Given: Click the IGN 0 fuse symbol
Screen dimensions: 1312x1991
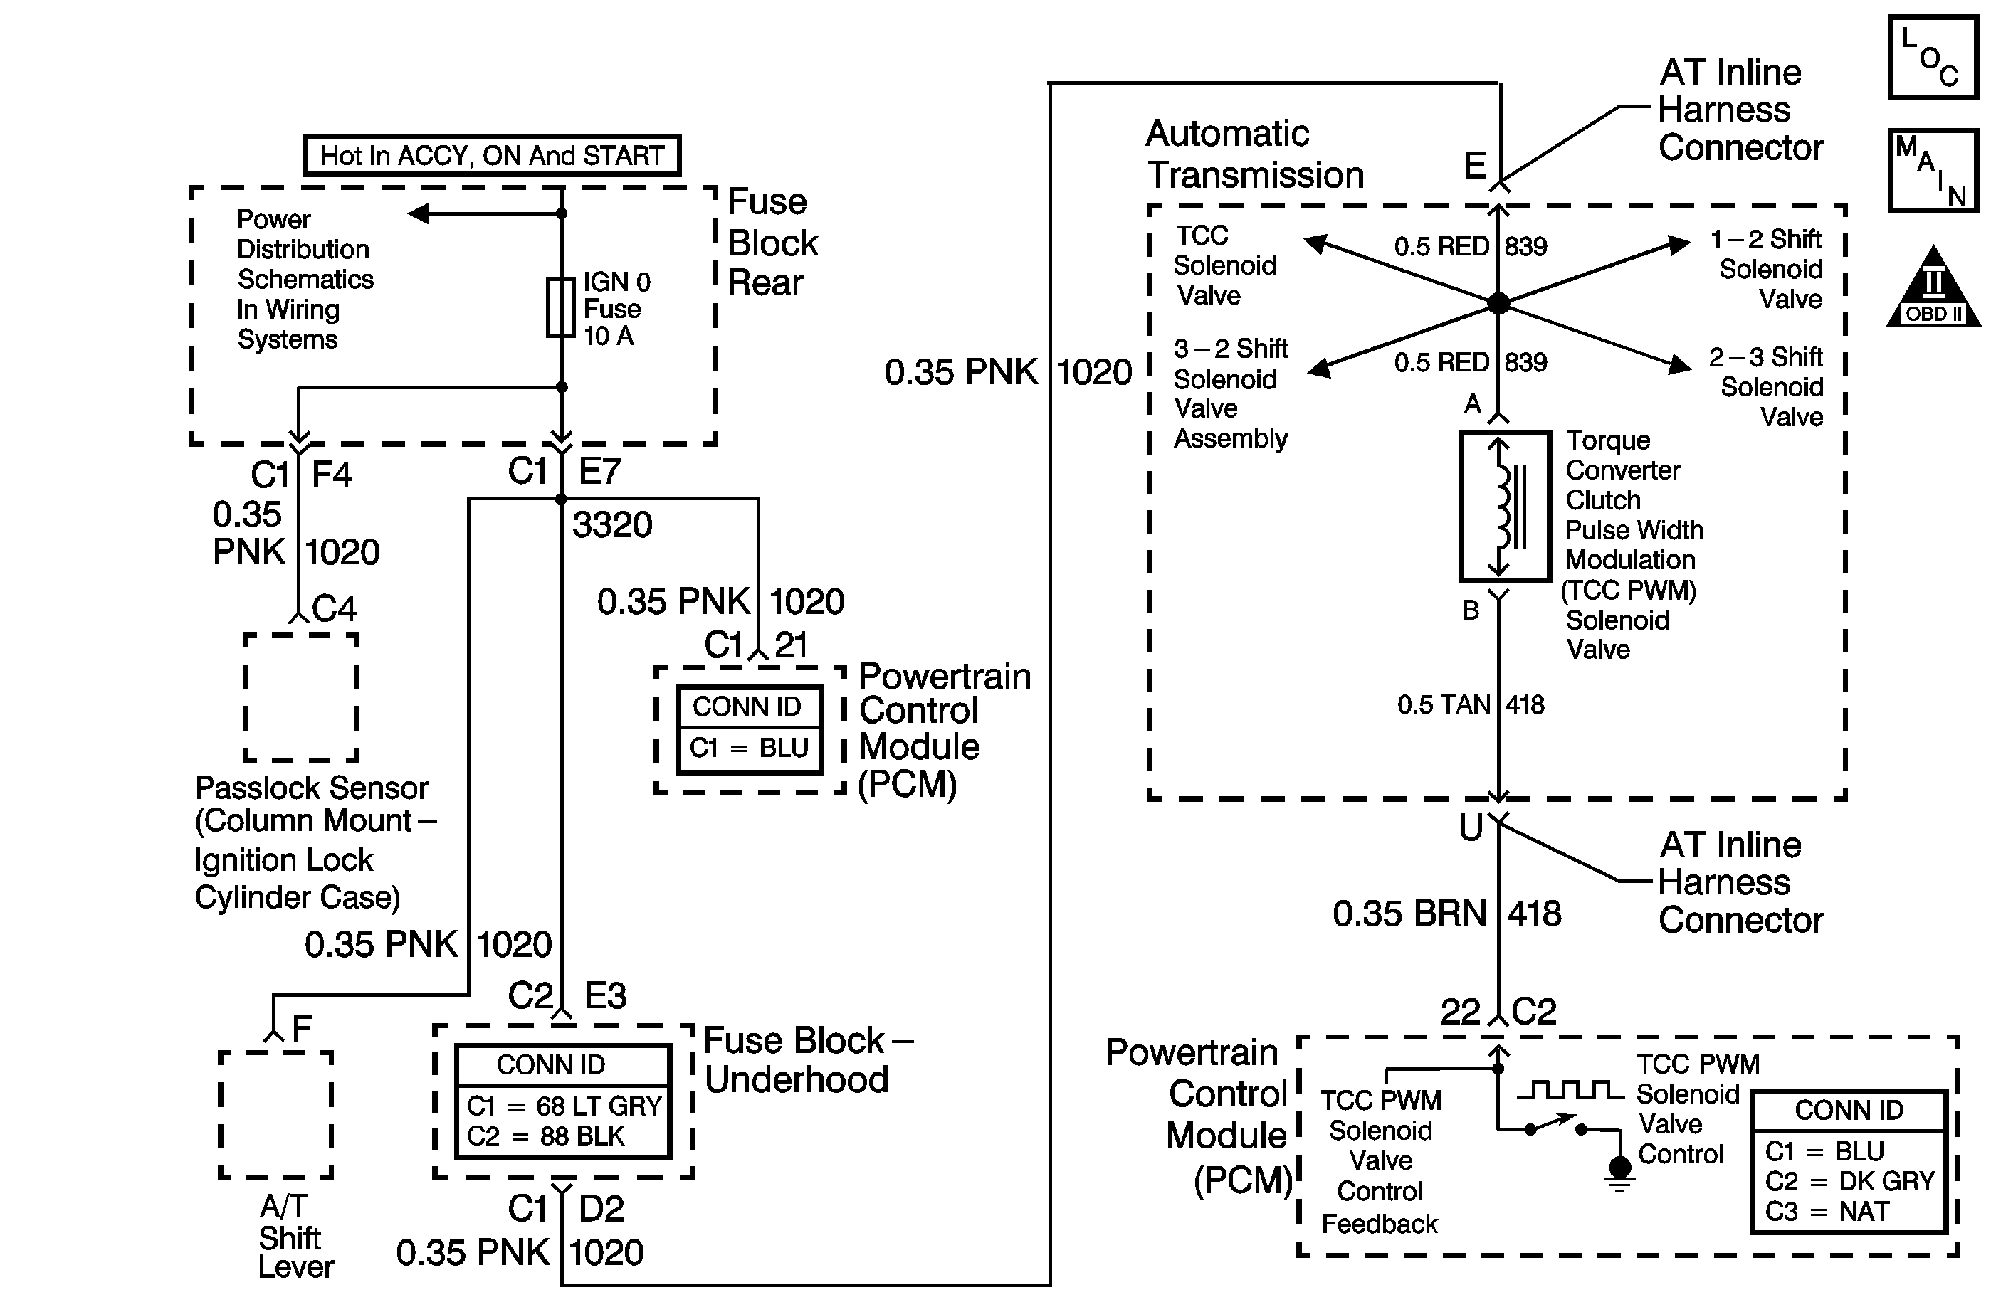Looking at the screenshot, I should (x=560, y=308).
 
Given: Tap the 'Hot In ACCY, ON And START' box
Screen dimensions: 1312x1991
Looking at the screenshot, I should (x=491, y=156).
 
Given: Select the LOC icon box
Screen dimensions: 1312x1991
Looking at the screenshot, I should (x=1933, y=58).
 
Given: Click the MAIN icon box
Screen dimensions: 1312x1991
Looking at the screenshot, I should (x=1933, y=171).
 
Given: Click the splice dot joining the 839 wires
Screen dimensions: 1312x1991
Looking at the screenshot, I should (x=1498, y=303).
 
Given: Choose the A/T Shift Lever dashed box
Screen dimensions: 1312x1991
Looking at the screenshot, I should (x=275, y=1114).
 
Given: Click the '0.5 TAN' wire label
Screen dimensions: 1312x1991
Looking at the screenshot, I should (x=1443, y=704).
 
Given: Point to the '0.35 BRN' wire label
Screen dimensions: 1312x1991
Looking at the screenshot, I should (x=1409, y=914).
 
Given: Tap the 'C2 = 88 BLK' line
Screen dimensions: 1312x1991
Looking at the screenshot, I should (x=546, y=1136).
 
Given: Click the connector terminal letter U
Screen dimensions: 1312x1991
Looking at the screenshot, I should (x=1471, y=827).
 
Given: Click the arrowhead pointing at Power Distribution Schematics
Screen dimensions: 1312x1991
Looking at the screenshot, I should (x=419, y=214).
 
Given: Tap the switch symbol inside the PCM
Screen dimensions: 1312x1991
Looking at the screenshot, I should (x=1555, y=1126).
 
